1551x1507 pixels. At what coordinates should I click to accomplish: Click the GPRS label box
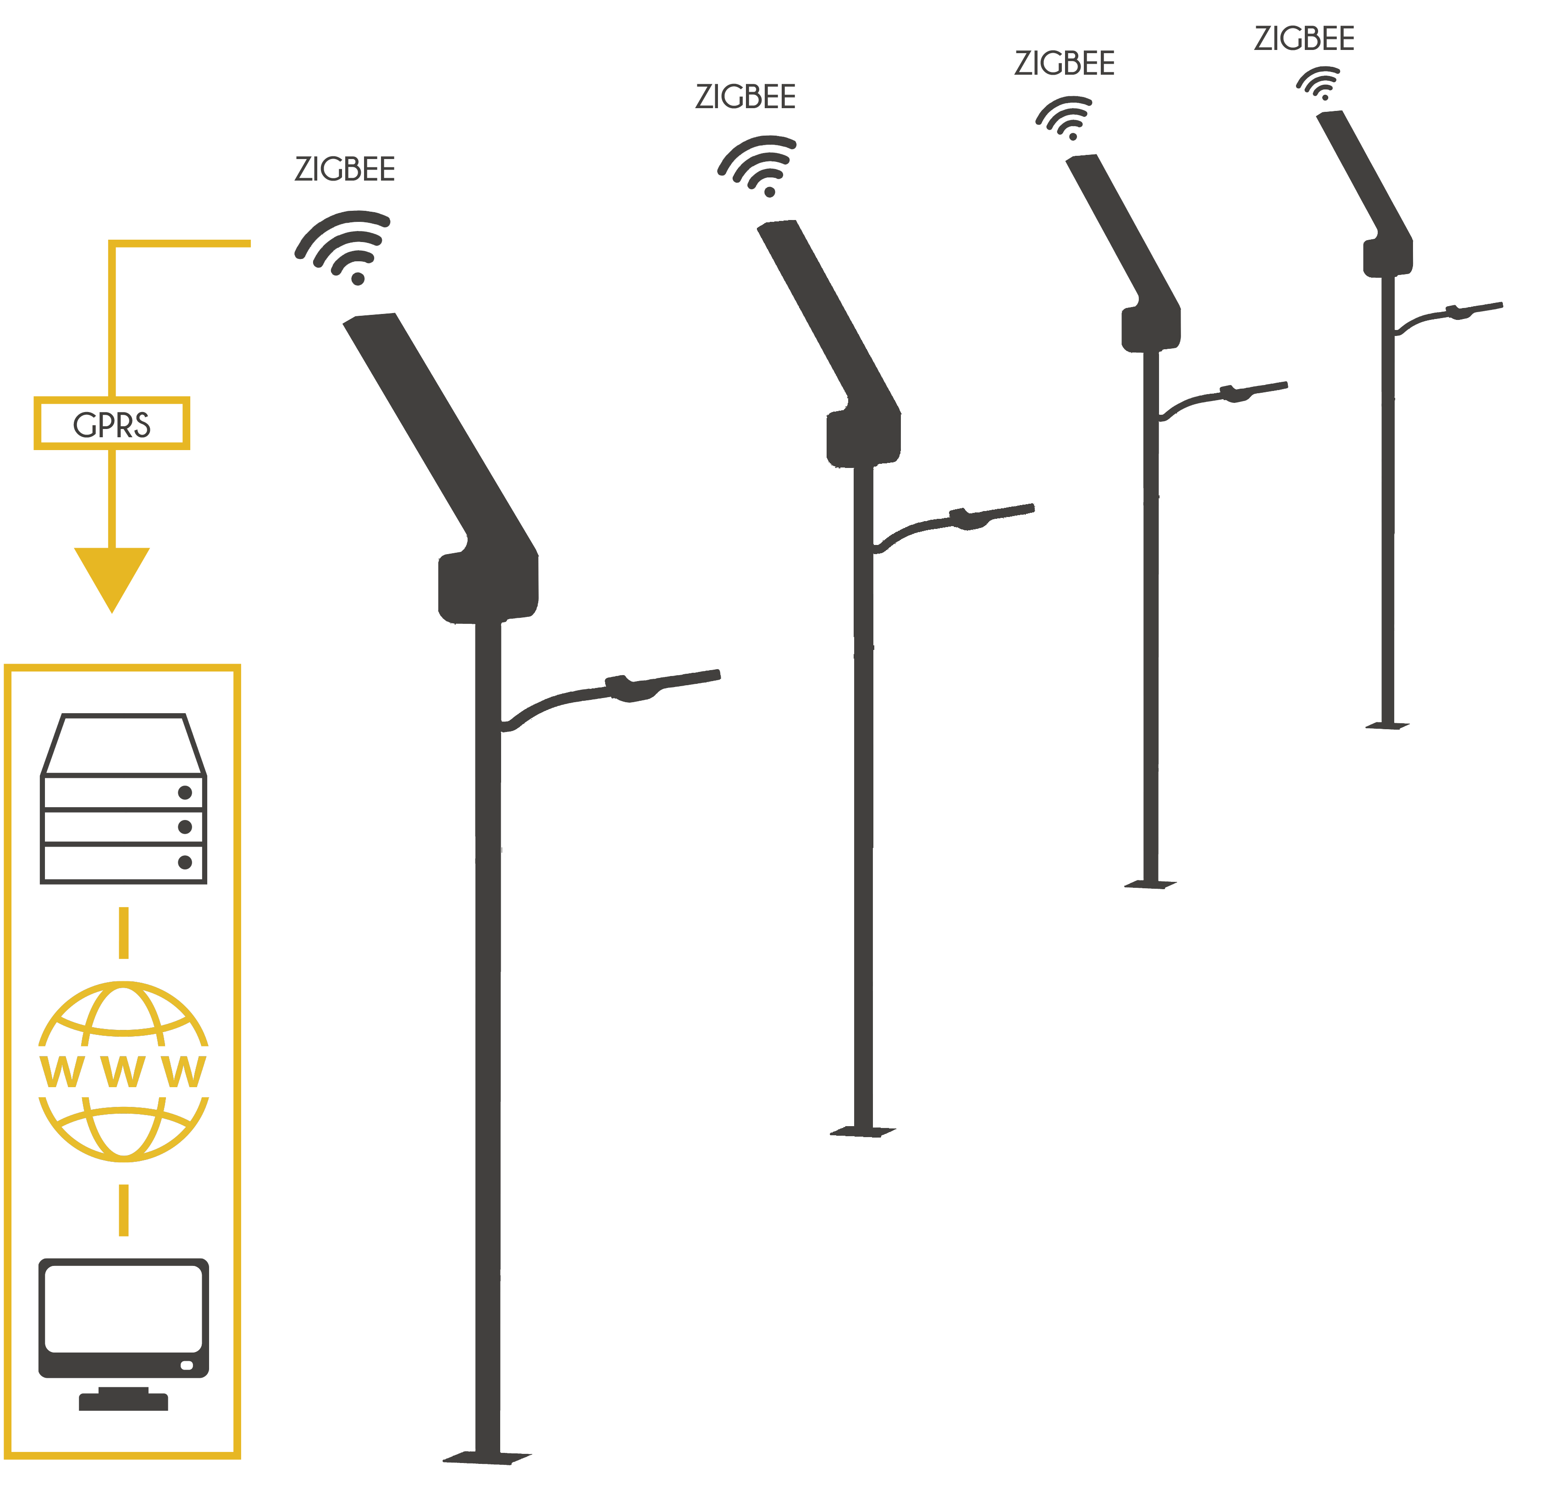(111, 423)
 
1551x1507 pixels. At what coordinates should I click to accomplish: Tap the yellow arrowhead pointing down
(111, 578)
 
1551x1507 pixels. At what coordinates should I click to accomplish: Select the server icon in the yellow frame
(123, 798)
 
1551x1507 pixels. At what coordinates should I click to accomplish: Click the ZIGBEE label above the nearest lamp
(344, 170)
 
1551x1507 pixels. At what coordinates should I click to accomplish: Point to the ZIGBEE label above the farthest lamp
(1304, 39)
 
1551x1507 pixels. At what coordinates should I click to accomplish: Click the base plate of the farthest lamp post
(1387, 725)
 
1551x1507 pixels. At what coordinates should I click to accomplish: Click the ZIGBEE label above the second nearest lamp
(745, 97)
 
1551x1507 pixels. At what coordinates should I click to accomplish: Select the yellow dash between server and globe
(123, 932)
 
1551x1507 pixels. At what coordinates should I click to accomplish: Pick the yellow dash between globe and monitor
(123, 1210)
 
